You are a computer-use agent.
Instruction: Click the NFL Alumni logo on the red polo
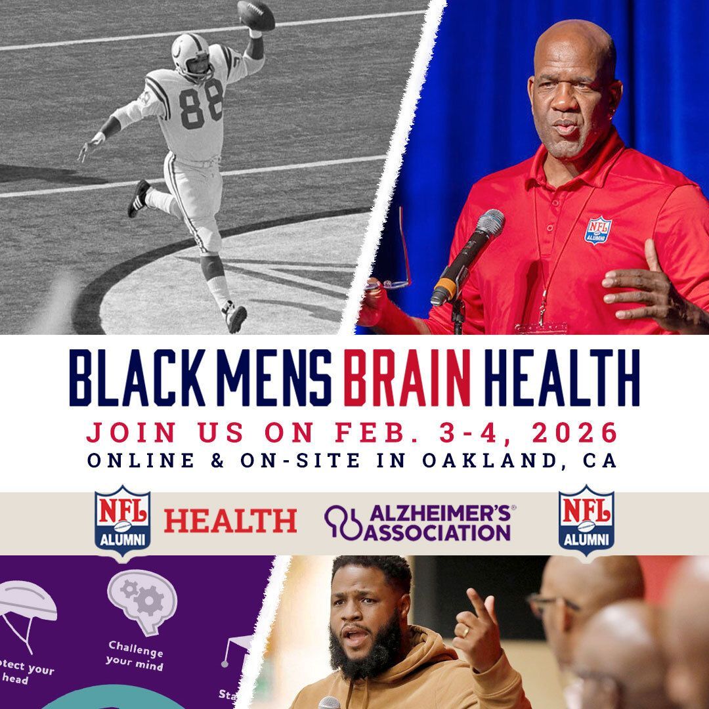[x=598, y=230]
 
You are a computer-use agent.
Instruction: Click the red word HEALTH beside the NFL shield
[x=230, y=521]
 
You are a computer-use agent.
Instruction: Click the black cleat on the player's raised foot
[x=139, y=198]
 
